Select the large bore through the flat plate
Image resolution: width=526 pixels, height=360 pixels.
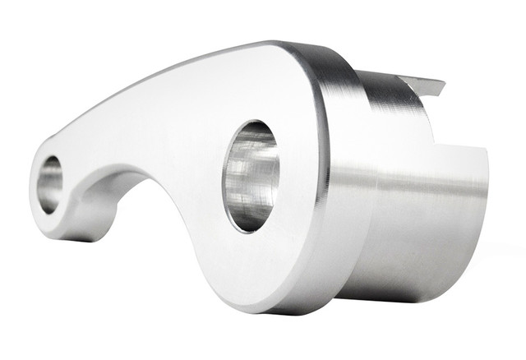(x=250, y=176)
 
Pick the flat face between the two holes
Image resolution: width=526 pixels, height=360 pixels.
(x=148, y=140)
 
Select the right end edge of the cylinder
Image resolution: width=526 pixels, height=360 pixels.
(x=486, y=205)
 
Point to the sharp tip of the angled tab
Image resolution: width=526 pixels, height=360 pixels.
(x=444, y=83)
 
